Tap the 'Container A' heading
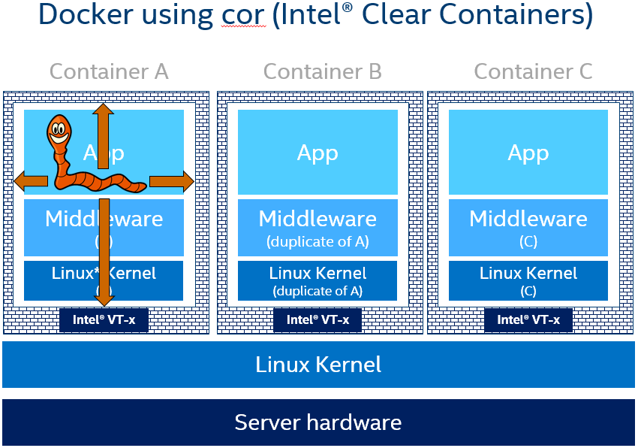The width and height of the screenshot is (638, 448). [109, 71]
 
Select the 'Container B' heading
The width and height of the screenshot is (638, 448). [323, 71]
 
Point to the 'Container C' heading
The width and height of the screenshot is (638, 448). [533, 71]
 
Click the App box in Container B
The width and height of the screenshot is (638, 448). [317, 153]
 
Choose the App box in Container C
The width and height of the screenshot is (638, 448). [528, 153]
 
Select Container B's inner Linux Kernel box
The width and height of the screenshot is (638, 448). [317, 280]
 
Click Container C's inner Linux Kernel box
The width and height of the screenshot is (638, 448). [528, 280]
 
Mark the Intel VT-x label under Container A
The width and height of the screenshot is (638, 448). [104, 320]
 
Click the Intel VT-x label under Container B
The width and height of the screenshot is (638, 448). [317, 320]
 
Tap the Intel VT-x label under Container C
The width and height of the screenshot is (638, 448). [528, 320]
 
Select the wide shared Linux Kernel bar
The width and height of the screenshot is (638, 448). [318, 365]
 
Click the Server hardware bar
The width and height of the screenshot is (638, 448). [318, 422]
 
